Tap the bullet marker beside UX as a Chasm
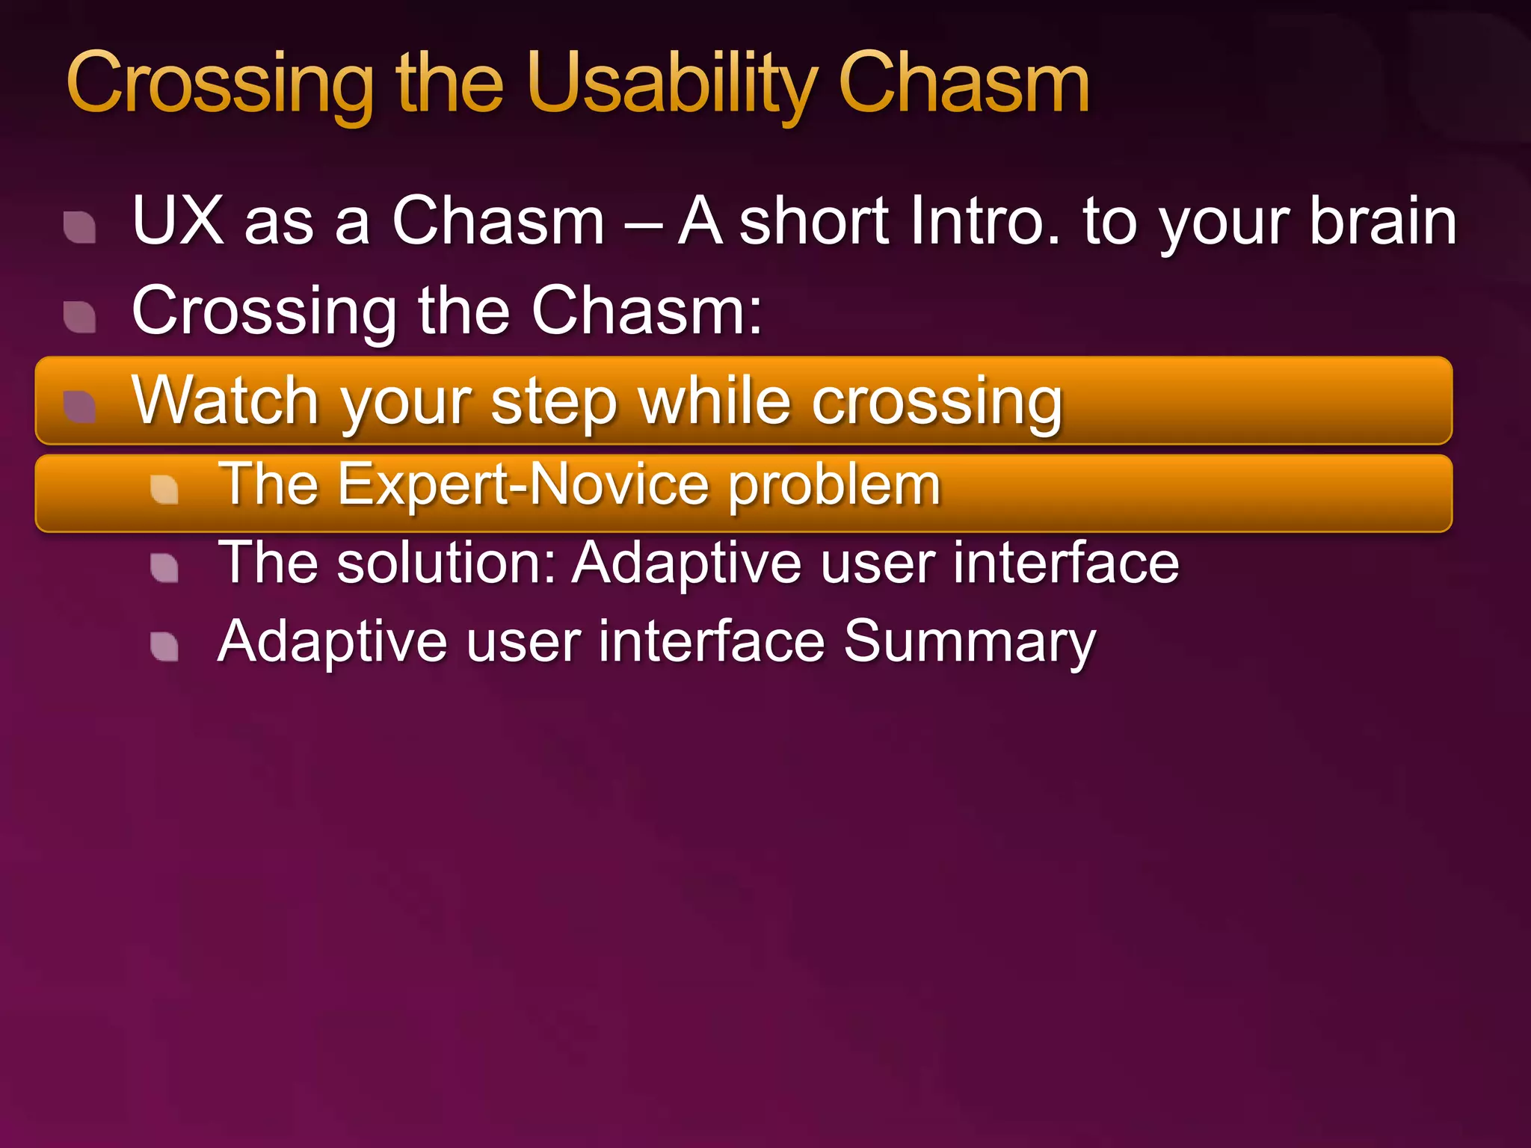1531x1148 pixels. coord(80,227)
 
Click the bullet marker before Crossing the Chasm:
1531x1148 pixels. coord(80,317)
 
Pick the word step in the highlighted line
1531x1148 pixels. coord(554,402)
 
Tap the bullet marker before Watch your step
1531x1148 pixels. coord(80,407)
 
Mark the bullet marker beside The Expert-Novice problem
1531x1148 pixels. coord(164,490)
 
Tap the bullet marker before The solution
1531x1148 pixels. coord(164,568)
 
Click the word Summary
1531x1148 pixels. coord(970,642)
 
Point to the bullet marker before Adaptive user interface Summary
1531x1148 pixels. coord(164,647)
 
